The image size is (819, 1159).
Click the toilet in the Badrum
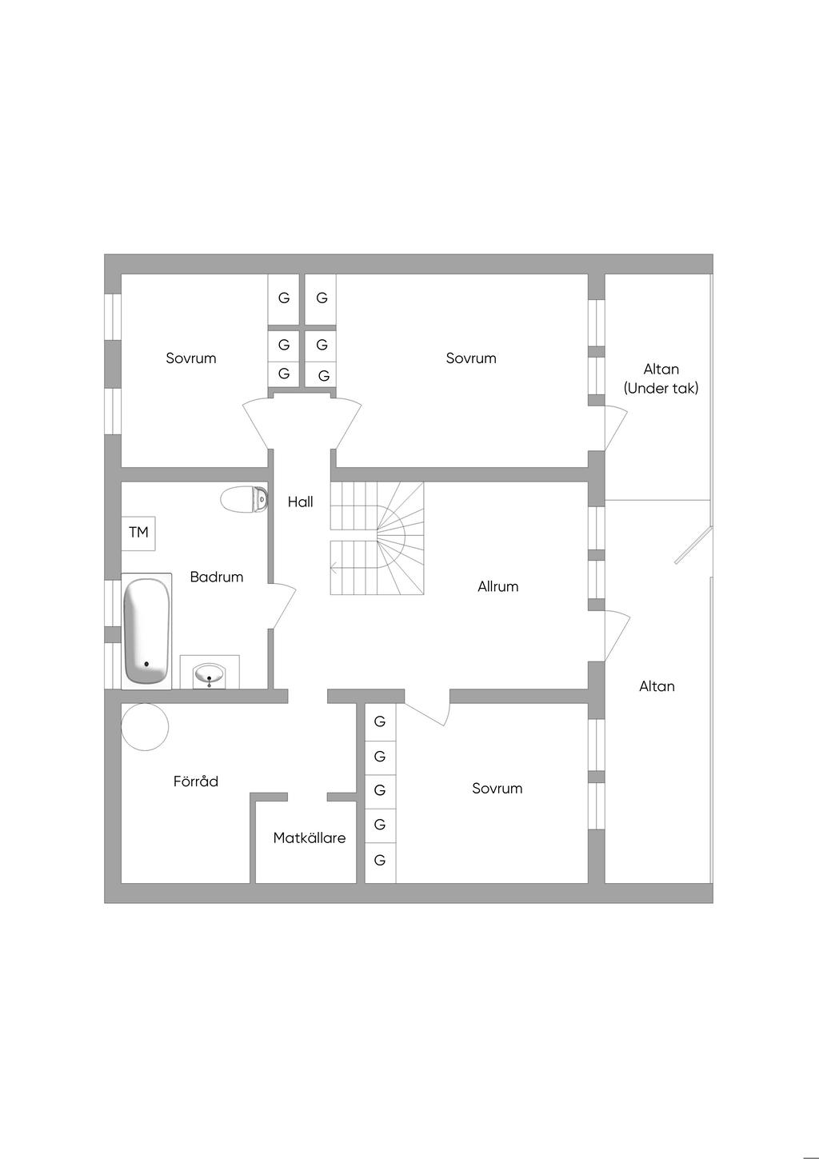(x=243, y=499)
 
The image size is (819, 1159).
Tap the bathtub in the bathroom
(x=146, y=630)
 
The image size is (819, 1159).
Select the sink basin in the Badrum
(x=209, y=673)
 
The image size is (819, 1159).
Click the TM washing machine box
(x=138, y=533)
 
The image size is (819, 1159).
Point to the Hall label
(x=301, y=502)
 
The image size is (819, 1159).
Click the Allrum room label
(x=497, y=586)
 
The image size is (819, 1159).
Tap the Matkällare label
(x=310, y=838)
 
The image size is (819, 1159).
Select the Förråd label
(x=196, y=781)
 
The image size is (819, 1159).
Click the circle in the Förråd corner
(x=145, y=726)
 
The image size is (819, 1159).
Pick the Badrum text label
(x=217, y=577)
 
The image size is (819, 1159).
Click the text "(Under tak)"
(x=661, y=389)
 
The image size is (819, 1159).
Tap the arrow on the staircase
(x=333, y=569)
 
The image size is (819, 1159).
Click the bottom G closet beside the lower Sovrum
(x=380, y=861)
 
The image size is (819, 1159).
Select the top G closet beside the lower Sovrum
(x=380, y=721)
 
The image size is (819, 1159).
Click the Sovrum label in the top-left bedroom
(x=191, y=358)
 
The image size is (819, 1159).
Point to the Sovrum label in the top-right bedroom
(x=471, y=358)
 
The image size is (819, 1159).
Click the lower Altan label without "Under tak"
(x=657, y=686)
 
